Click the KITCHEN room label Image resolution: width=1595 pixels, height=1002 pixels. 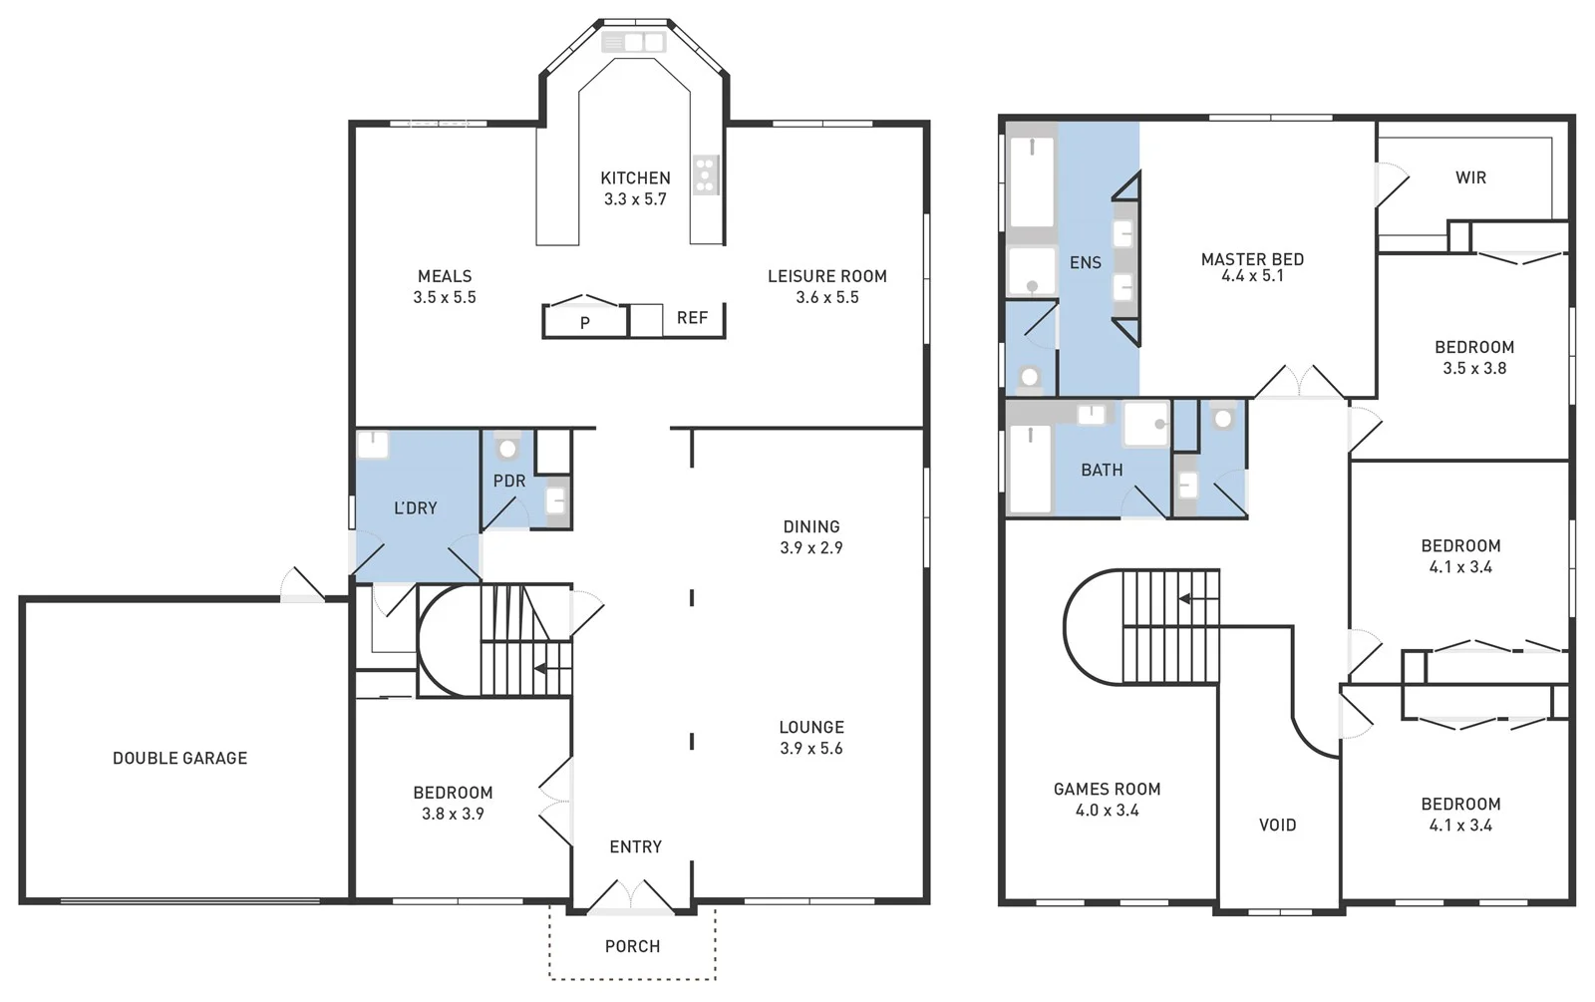[635, 177]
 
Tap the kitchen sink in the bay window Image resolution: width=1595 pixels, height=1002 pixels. [633, 42]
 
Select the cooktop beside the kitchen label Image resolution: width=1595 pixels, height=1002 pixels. [706, 174]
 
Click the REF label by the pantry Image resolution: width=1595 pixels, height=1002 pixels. [692, 317]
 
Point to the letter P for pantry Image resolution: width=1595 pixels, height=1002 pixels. [585, 323]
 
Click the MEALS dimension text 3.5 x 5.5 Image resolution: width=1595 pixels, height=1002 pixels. [445, 297]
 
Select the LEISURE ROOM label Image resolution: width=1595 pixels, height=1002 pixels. [826, 276]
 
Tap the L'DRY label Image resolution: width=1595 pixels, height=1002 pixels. [416, 507]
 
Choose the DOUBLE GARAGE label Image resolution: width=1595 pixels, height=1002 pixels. [179, 758]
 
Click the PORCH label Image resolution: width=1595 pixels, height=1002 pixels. [632, 946]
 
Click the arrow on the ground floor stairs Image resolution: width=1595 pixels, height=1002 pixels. [539, 668]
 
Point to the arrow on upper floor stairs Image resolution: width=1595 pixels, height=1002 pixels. [1185, 598]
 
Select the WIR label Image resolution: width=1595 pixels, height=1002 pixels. [1470, 177]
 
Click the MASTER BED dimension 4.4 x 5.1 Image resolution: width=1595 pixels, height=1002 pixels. [1252, 276]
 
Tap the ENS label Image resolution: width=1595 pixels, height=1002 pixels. [1085, 262]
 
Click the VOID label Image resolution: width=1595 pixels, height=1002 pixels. [1277, 825]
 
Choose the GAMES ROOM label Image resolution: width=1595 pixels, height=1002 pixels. [1107, 789]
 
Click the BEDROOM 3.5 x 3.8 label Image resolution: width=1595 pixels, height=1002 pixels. [1473, 347]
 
